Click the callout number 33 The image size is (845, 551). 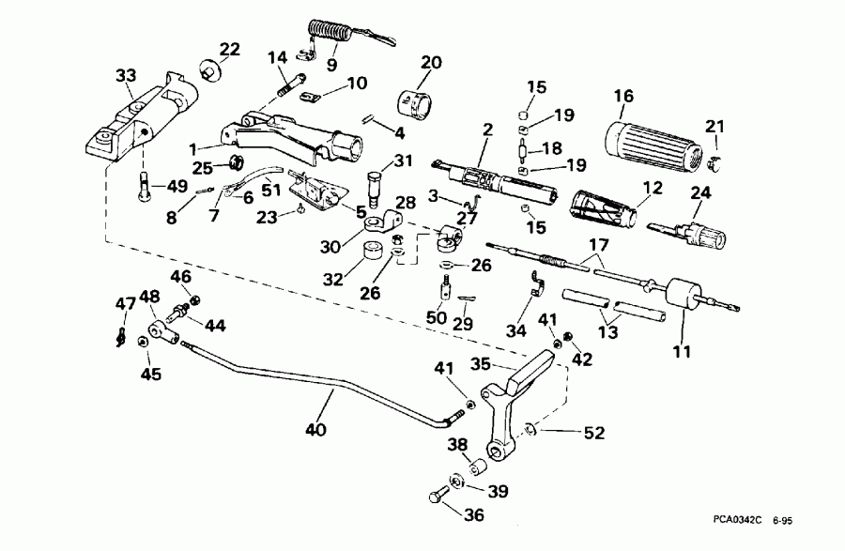(126, 75)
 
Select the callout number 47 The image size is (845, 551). (125, 302)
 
